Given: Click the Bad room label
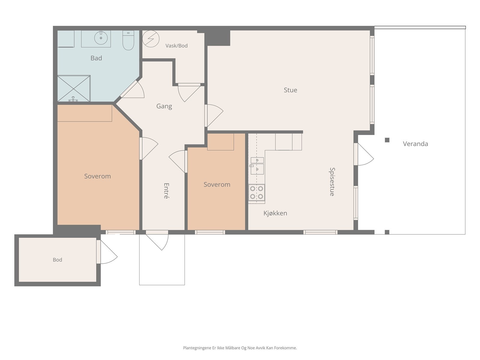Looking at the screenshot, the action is tap(96, 58).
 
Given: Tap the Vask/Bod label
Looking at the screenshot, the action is tap(176, 46).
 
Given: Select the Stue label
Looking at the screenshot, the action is tap(290, 90).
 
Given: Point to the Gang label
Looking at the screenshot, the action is tap(164, 106).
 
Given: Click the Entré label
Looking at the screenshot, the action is tap(166, 191).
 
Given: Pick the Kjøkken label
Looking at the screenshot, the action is tap(275, 213).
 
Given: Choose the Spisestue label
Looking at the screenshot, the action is tap(332, 182).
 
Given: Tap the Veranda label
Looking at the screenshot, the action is tap(415, 144).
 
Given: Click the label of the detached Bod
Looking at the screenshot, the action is tap(58, 260).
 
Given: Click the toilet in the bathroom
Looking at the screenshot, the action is tap(128, 40).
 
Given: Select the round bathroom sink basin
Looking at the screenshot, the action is tap(101, 38).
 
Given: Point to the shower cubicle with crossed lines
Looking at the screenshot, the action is tap(74, 88).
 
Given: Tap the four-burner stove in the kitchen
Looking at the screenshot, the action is tap(256, 193).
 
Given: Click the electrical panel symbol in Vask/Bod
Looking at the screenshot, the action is tap(151, 39).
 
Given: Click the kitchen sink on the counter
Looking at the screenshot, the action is tap(257, 166).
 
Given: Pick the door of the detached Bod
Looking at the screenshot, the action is tap(107, 252).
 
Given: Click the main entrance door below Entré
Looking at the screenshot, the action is tap(157, 240).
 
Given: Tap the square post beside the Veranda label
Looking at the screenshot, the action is tap(387, 140).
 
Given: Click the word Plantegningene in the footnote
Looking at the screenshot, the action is tap(197, 348).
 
